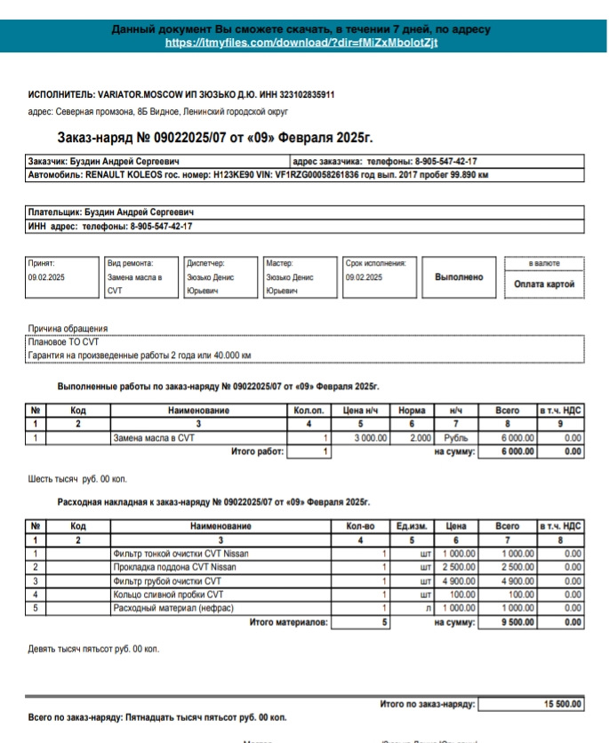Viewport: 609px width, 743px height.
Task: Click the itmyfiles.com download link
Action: click(x=301, y=43)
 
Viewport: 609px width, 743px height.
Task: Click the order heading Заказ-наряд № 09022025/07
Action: click(x=214, y=138)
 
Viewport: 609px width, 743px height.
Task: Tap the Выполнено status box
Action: click(x=459, y=277)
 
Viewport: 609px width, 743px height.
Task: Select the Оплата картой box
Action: click(x=544, y=284)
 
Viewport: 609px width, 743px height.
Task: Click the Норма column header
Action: click(x=412, y=411)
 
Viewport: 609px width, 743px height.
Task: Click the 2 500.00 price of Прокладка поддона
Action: click(x=459, y=567)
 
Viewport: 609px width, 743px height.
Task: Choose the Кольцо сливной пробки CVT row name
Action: click(x=168, y=595)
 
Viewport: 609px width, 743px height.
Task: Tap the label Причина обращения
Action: click(x=68, y=328)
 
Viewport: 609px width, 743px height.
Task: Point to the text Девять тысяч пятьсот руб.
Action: click(x=93, y=649)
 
